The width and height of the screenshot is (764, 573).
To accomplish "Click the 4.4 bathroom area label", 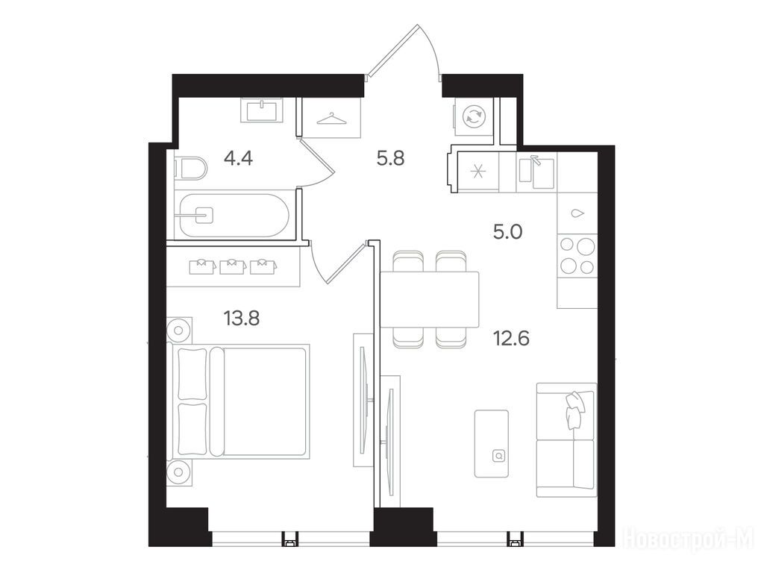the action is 238,158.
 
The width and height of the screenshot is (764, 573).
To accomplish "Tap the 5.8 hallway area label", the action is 391,158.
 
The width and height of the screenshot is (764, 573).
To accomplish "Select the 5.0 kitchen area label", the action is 507,232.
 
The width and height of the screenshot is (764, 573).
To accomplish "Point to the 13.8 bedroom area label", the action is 241,319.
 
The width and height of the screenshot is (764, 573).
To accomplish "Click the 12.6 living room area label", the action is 511,338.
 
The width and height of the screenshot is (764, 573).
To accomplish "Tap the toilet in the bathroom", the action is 190,168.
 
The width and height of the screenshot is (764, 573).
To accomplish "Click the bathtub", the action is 234,216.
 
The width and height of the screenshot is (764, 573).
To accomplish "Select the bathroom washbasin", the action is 262,110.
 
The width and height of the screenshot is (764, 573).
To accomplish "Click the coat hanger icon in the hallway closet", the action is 332,119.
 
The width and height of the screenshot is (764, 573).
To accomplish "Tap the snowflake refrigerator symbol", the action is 477,172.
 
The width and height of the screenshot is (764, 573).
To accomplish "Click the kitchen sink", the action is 536,172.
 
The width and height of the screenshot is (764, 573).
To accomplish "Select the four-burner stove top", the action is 577,255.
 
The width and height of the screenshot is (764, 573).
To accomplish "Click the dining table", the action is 429,299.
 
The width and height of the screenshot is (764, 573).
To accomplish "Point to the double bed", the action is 238,402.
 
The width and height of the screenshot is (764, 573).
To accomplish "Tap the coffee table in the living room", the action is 492,443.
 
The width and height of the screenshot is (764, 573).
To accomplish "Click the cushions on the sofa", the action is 575,409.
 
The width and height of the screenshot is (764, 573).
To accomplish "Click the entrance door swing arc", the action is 431,48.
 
